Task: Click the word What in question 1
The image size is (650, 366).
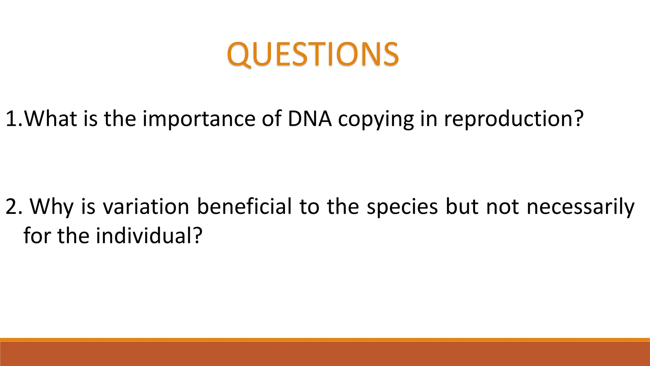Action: click(51, 119)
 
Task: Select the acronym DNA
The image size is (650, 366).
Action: click(310, 119)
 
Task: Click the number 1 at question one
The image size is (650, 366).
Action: click(12, 119)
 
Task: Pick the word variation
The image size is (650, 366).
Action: click(146, 207)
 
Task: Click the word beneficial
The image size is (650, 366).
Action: click(244, 207)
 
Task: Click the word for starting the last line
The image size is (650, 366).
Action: click(37, 236)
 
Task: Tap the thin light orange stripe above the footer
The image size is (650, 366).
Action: click(325, 340)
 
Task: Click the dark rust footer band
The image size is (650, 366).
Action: click(325, 354)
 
